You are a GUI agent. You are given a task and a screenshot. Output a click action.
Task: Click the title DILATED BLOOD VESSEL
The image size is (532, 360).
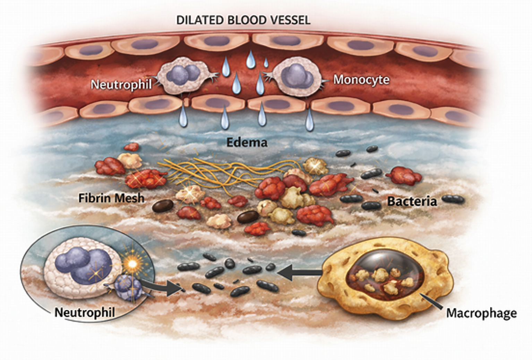(243, 20)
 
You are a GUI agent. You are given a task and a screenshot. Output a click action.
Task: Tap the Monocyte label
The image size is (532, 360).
(361, 79)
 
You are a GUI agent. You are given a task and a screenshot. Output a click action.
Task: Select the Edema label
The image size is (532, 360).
(247, 143)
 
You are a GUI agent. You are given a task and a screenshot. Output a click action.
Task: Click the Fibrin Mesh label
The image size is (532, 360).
(111, 198)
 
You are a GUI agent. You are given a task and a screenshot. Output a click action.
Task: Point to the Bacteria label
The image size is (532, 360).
(412, 202)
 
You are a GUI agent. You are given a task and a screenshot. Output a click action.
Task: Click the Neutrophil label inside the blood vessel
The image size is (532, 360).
(121, 84)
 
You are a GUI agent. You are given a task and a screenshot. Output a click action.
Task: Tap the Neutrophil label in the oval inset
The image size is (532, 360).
(85, 312)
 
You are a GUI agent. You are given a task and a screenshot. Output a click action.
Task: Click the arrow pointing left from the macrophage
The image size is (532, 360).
(300, 272)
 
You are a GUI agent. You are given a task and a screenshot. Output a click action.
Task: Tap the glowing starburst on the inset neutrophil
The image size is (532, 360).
(132, 264)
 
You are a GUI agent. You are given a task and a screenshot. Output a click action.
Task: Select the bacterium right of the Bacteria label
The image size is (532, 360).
(453, 199)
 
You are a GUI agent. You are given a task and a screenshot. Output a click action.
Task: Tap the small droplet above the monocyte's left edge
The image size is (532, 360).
(266, 62)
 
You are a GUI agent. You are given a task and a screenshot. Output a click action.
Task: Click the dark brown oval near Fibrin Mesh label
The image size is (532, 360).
(163, 206)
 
